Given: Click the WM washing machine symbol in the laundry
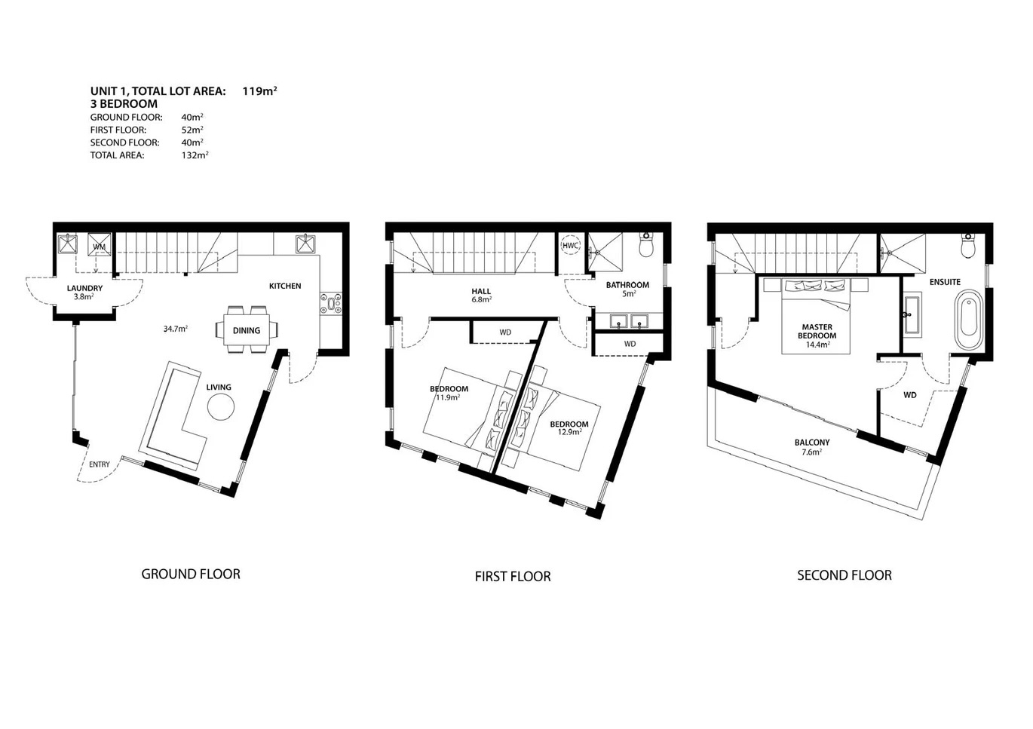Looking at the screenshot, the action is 100,245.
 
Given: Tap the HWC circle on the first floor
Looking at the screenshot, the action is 571,246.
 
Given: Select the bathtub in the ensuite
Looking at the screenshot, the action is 970,320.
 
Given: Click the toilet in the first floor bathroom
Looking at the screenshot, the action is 646,245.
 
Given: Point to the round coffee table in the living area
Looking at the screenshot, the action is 221,406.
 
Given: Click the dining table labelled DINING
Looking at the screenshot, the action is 247,329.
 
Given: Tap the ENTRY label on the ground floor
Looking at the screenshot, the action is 99,464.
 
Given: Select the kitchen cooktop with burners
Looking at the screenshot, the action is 331,303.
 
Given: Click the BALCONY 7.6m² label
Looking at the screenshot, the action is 812,447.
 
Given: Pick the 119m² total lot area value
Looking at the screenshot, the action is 259,90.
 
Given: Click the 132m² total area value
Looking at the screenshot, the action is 195,155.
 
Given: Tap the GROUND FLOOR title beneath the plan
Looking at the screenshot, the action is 191,574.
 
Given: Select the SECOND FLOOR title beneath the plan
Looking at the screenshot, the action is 844,575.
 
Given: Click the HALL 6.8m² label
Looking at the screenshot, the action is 481,295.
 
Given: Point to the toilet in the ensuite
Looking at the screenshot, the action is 967,246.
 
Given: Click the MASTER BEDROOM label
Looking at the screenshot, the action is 817,332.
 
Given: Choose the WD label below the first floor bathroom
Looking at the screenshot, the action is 630,344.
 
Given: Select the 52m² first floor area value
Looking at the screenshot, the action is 192,130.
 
